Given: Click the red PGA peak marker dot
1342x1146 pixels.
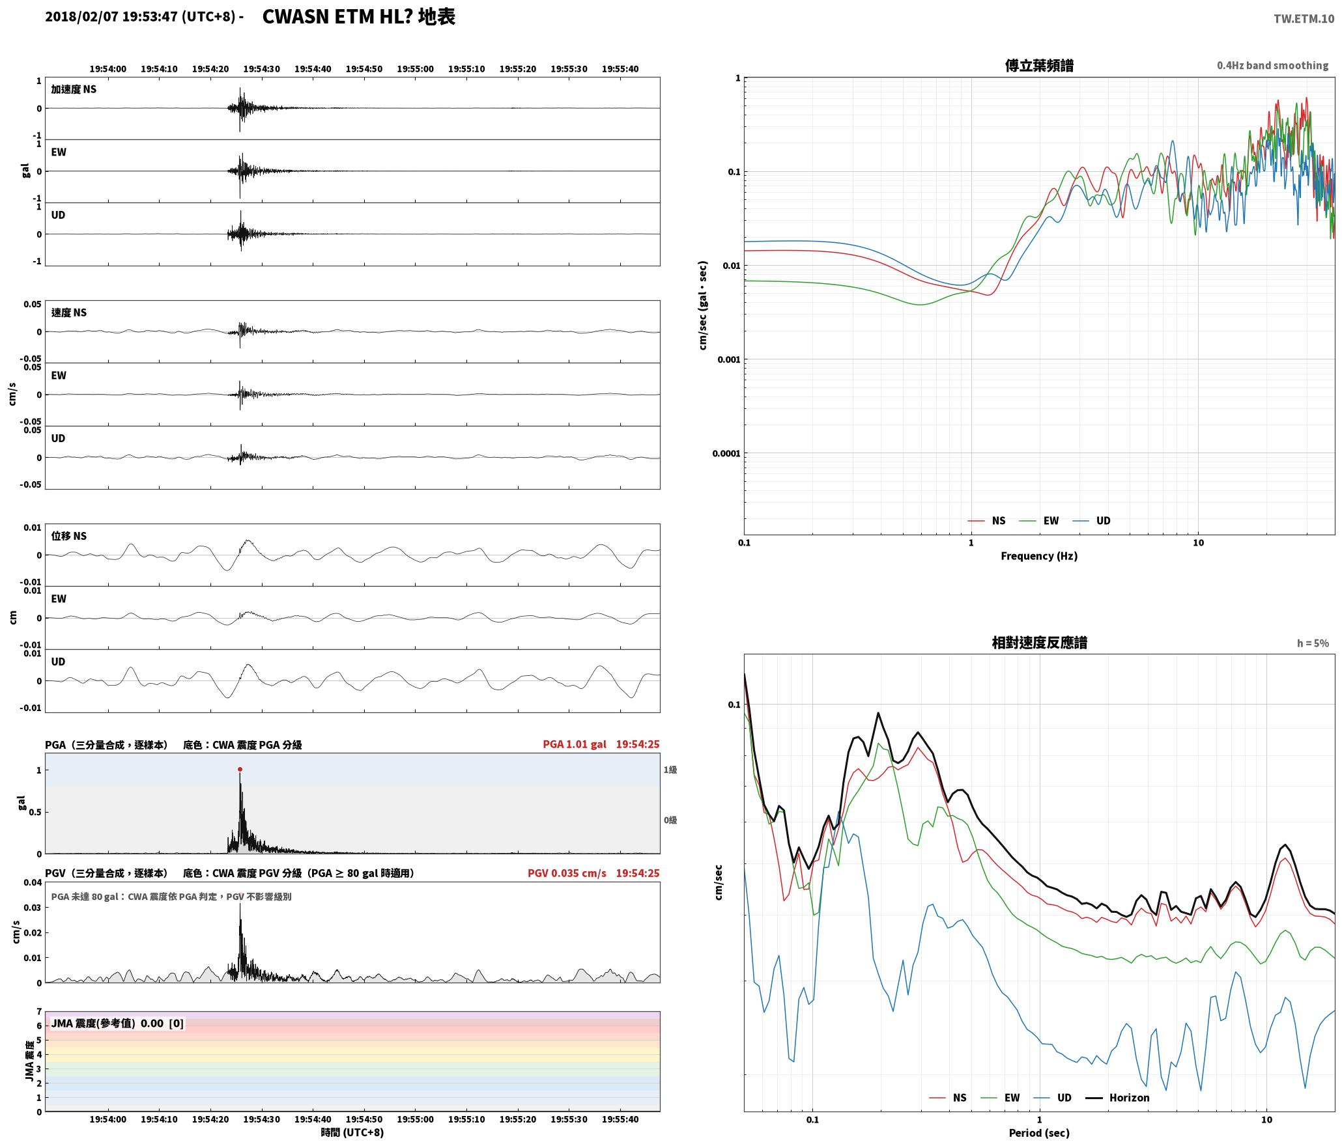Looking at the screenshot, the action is pos(240,769).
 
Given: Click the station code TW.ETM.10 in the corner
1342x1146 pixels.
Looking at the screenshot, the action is pos(1304,19).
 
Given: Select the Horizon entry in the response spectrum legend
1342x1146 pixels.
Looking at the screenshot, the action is pos(1118,1097).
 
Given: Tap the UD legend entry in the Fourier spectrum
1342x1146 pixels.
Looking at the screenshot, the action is pos(1092,520).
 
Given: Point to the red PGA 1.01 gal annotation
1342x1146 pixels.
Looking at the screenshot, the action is pos(574,744).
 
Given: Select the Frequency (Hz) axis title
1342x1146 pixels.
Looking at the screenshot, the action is pos(1039,555).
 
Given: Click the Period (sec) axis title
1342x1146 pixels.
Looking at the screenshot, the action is pos(1039,1133).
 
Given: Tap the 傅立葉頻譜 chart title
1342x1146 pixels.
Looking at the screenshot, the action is pos(1039,66).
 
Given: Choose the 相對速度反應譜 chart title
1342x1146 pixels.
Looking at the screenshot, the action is pos(1039,643).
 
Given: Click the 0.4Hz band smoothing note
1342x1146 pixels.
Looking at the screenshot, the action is pos(1272,65).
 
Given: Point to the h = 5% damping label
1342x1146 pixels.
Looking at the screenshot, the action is pos(1313,643).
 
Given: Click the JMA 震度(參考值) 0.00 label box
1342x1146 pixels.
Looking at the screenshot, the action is pos(117,1023).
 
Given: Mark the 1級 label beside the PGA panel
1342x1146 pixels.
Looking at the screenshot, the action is pos(670,770).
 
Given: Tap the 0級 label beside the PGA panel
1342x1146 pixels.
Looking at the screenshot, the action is pos(670,820).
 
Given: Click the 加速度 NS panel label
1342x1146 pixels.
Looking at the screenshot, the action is pos(74,89).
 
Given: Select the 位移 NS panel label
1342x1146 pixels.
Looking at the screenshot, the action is pos(69,536).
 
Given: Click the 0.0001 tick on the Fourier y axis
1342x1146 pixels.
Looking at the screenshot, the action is pos(726,453).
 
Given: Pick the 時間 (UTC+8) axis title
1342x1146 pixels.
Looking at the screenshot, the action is pos(352,1132).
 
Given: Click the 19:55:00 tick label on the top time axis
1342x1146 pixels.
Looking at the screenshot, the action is pos(415,69).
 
